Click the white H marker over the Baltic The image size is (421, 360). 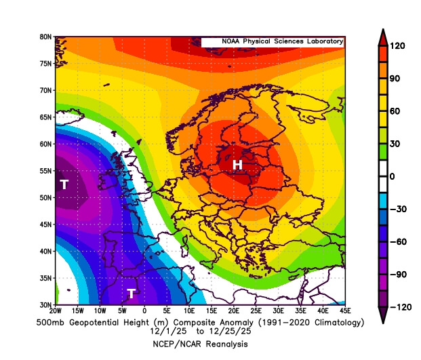[x=237, y=165]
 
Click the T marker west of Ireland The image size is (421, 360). [x=64, y=184]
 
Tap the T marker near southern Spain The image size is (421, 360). [x=132, y=293]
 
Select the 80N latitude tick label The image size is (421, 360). [x=45, y=37]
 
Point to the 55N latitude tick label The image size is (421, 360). [x=45, y=171]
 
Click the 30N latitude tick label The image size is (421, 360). [x=45, y=304]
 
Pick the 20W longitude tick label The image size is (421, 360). [x=56, y=311]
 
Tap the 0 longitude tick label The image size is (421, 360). [x=144, y=311]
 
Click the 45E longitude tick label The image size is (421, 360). [x=344, y=311]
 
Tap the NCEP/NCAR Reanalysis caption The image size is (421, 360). [x=200, y=344]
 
